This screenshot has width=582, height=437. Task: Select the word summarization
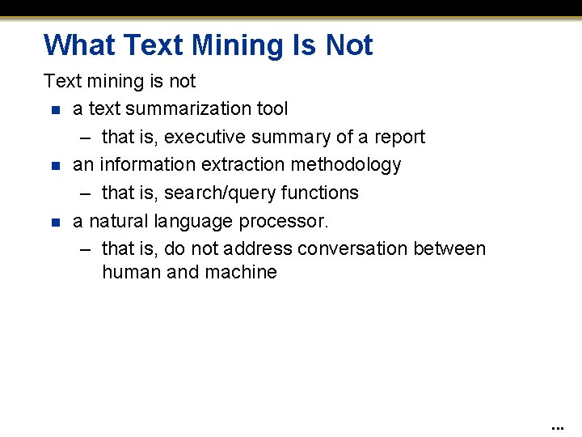pyautogui.click(x=187, y=108)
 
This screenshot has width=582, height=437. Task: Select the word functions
pyautogui.click(x=319, y=193)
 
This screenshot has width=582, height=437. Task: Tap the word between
pyautogui.click(x=449, y=248)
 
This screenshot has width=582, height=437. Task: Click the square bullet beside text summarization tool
pyautogui.click(x=54, y=109)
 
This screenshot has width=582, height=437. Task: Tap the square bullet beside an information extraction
pyautogui.click(x=54, y=165)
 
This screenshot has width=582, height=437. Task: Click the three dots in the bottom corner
pyautogui.click(x=557, y=426)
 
